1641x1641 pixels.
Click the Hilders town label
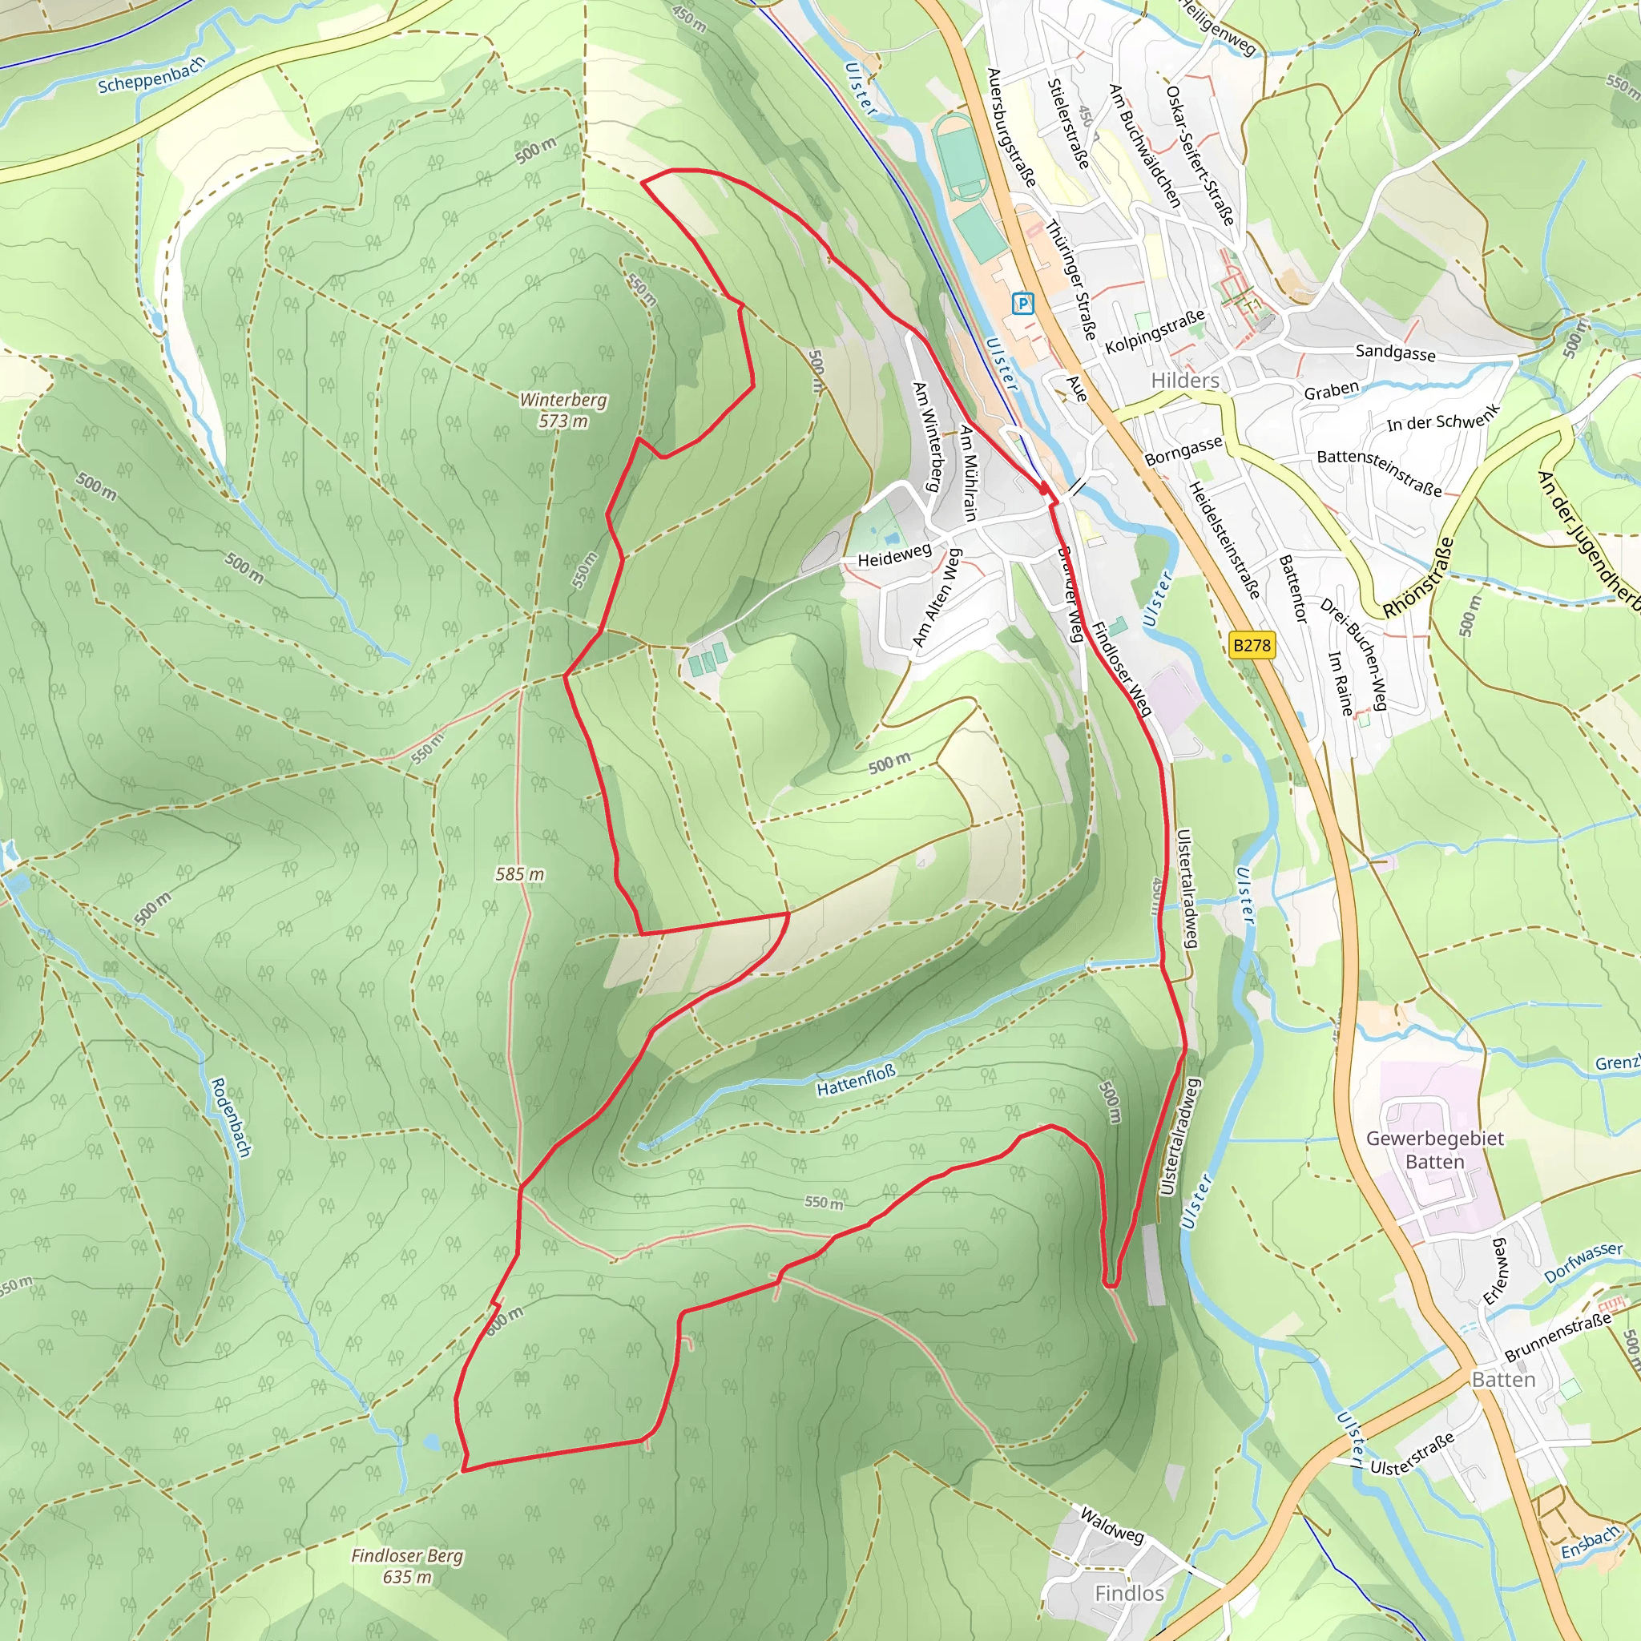coord(1184,381)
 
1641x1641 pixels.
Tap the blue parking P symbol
coord(1022,303)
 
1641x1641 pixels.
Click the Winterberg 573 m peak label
coord(563,409)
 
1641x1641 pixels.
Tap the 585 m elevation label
coord(520,874)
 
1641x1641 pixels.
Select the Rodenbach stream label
coord(231,1117)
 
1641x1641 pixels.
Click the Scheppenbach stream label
coord(151,75)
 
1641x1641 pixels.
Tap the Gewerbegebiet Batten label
coord(1434,1149)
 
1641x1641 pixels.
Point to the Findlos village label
coord(1129,1594)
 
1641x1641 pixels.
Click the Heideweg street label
coord(893,555)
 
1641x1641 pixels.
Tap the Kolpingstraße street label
coord(1155,332)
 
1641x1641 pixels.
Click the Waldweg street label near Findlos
coord(1111,1524)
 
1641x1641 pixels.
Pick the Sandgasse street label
coord(1395,353)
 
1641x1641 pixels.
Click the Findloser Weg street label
coord(1120,668)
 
